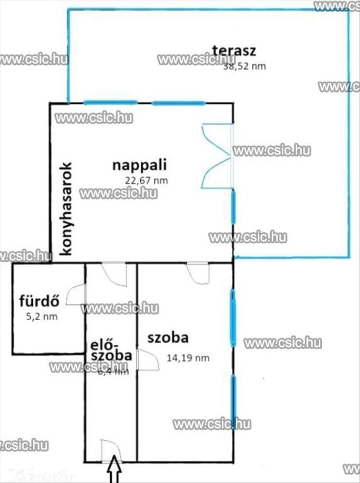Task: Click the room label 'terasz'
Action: pyautogui.click(x=234, y=50)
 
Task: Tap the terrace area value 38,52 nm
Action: pyautogui.click(x=244, y=67)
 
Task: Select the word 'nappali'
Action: pyautogui.click(x=139, y=165)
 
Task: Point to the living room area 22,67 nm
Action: pyautogui.click(x=146, y=181)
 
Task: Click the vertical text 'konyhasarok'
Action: pyautogui.click(x=65, y=208)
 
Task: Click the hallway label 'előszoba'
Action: pyautogui.click(x=111, y=350)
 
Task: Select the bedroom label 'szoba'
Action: pyautogui.click(x=168, y=338)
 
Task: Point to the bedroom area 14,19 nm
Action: pyautogui.click(x=188, y=358)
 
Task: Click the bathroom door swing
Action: pyautogui.click(x=75, y=294)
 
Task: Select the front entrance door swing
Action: pyautogui.click(x=108, y=450)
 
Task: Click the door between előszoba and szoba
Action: pyautogui.click(x=147, y=360)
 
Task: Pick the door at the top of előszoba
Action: pyautogui.click(x=114, y=274)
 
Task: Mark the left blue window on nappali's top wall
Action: pyautogui.click(x=111, y=102)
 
